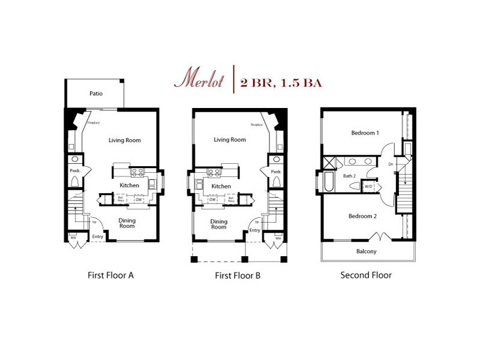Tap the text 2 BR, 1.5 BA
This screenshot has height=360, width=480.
tap(281, 83)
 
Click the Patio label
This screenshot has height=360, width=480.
tap(97, 94)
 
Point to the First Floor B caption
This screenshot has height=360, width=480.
tap(238, 276)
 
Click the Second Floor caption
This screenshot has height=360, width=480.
tap(366, 275)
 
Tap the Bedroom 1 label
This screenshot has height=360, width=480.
tap(365, 133)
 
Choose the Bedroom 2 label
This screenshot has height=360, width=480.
tap(362, 216)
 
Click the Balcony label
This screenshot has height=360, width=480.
tap(367, 251)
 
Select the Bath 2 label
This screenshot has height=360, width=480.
tap(350, 176)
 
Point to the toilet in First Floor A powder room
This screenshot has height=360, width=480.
tap(76, 181)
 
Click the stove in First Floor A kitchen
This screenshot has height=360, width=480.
tap(137, 172)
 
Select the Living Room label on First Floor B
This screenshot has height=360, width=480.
tap(230, 140)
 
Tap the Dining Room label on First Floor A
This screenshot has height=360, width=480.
tap(127, 223)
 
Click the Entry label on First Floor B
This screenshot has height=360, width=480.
tap(255, 230)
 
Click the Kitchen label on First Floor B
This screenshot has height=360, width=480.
tap(221, 186)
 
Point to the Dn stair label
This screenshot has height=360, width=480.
tap(391, 164)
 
